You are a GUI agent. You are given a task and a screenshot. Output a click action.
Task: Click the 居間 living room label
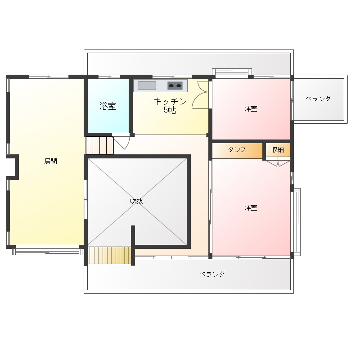click(51, 162)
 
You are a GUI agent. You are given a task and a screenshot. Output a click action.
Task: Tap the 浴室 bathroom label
click(108, 106)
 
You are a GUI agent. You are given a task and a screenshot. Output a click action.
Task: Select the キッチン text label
click(170, 101)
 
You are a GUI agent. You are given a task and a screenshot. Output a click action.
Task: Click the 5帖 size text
click(170, 110)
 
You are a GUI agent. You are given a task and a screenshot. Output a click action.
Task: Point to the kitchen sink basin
click(147, 85)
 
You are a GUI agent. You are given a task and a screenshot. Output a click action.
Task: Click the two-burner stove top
click(175, 85)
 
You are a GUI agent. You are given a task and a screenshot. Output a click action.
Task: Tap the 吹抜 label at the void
click(137, 201)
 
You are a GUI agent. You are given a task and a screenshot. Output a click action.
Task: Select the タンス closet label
click(237, 150)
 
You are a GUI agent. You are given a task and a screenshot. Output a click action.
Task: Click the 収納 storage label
click(278, 150)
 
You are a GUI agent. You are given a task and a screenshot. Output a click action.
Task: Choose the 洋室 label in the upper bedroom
click(251, 108)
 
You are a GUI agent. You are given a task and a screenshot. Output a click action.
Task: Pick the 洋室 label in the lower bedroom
click(251, 208)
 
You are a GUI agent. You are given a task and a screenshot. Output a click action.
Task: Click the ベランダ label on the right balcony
click(318, 99)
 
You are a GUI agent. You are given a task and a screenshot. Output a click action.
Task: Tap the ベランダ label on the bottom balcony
click(212, 274)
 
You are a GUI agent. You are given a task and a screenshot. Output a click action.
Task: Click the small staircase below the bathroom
click(99, 145)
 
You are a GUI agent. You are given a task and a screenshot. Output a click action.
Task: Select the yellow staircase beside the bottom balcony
click(109, 255)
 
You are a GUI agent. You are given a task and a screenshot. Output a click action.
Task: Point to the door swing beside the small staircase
click(121, 142)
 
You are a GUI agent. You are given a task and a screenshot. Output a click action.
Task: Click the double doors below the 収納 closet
click(278, 162)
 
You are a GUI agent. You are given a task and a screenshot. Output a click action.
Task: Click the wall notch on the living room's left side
click(13, 167)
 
